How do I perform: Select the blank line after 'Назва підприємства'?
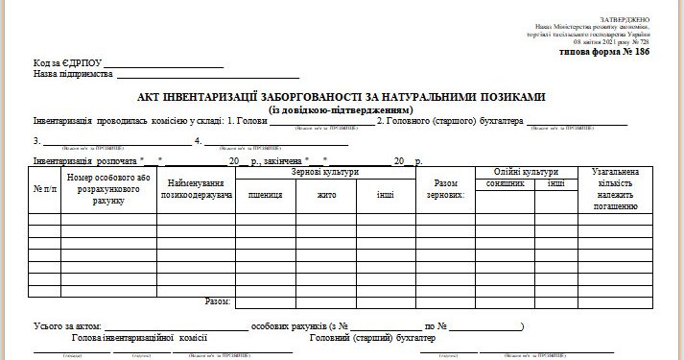[207, 74]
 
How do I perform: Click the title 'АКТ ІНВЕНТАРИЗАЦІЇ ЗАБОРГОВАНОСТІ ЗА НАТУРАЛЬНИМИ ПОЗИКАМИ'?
[341, 98]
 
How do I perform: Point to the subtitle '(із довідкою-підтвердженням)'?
[341, 108]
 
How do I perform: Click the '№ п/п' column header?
[45, 189]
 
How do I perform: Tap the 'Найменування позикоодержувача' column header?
[200, 188]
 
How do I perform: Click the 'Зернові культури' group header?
[326, 172]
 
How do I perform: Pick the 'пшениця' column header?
[265, 194]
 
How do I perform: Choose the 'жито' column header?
[326, 194]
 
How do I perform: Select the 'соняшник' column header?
[506, 182]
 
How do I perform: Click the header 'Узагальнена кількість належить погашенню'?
[615, 189]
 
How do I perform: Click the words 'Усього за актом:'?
[66, 326]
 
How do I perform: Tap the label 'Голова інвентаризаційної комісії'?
[140, 338]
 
